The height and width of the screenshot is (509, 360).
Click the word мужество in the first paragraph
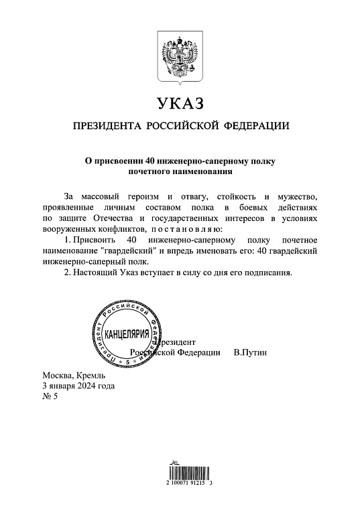[298, 196]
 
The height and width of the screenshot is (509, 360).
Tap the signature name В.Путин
[250, 352]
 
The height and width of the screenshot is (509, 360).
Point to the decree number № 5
[51, 396]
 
